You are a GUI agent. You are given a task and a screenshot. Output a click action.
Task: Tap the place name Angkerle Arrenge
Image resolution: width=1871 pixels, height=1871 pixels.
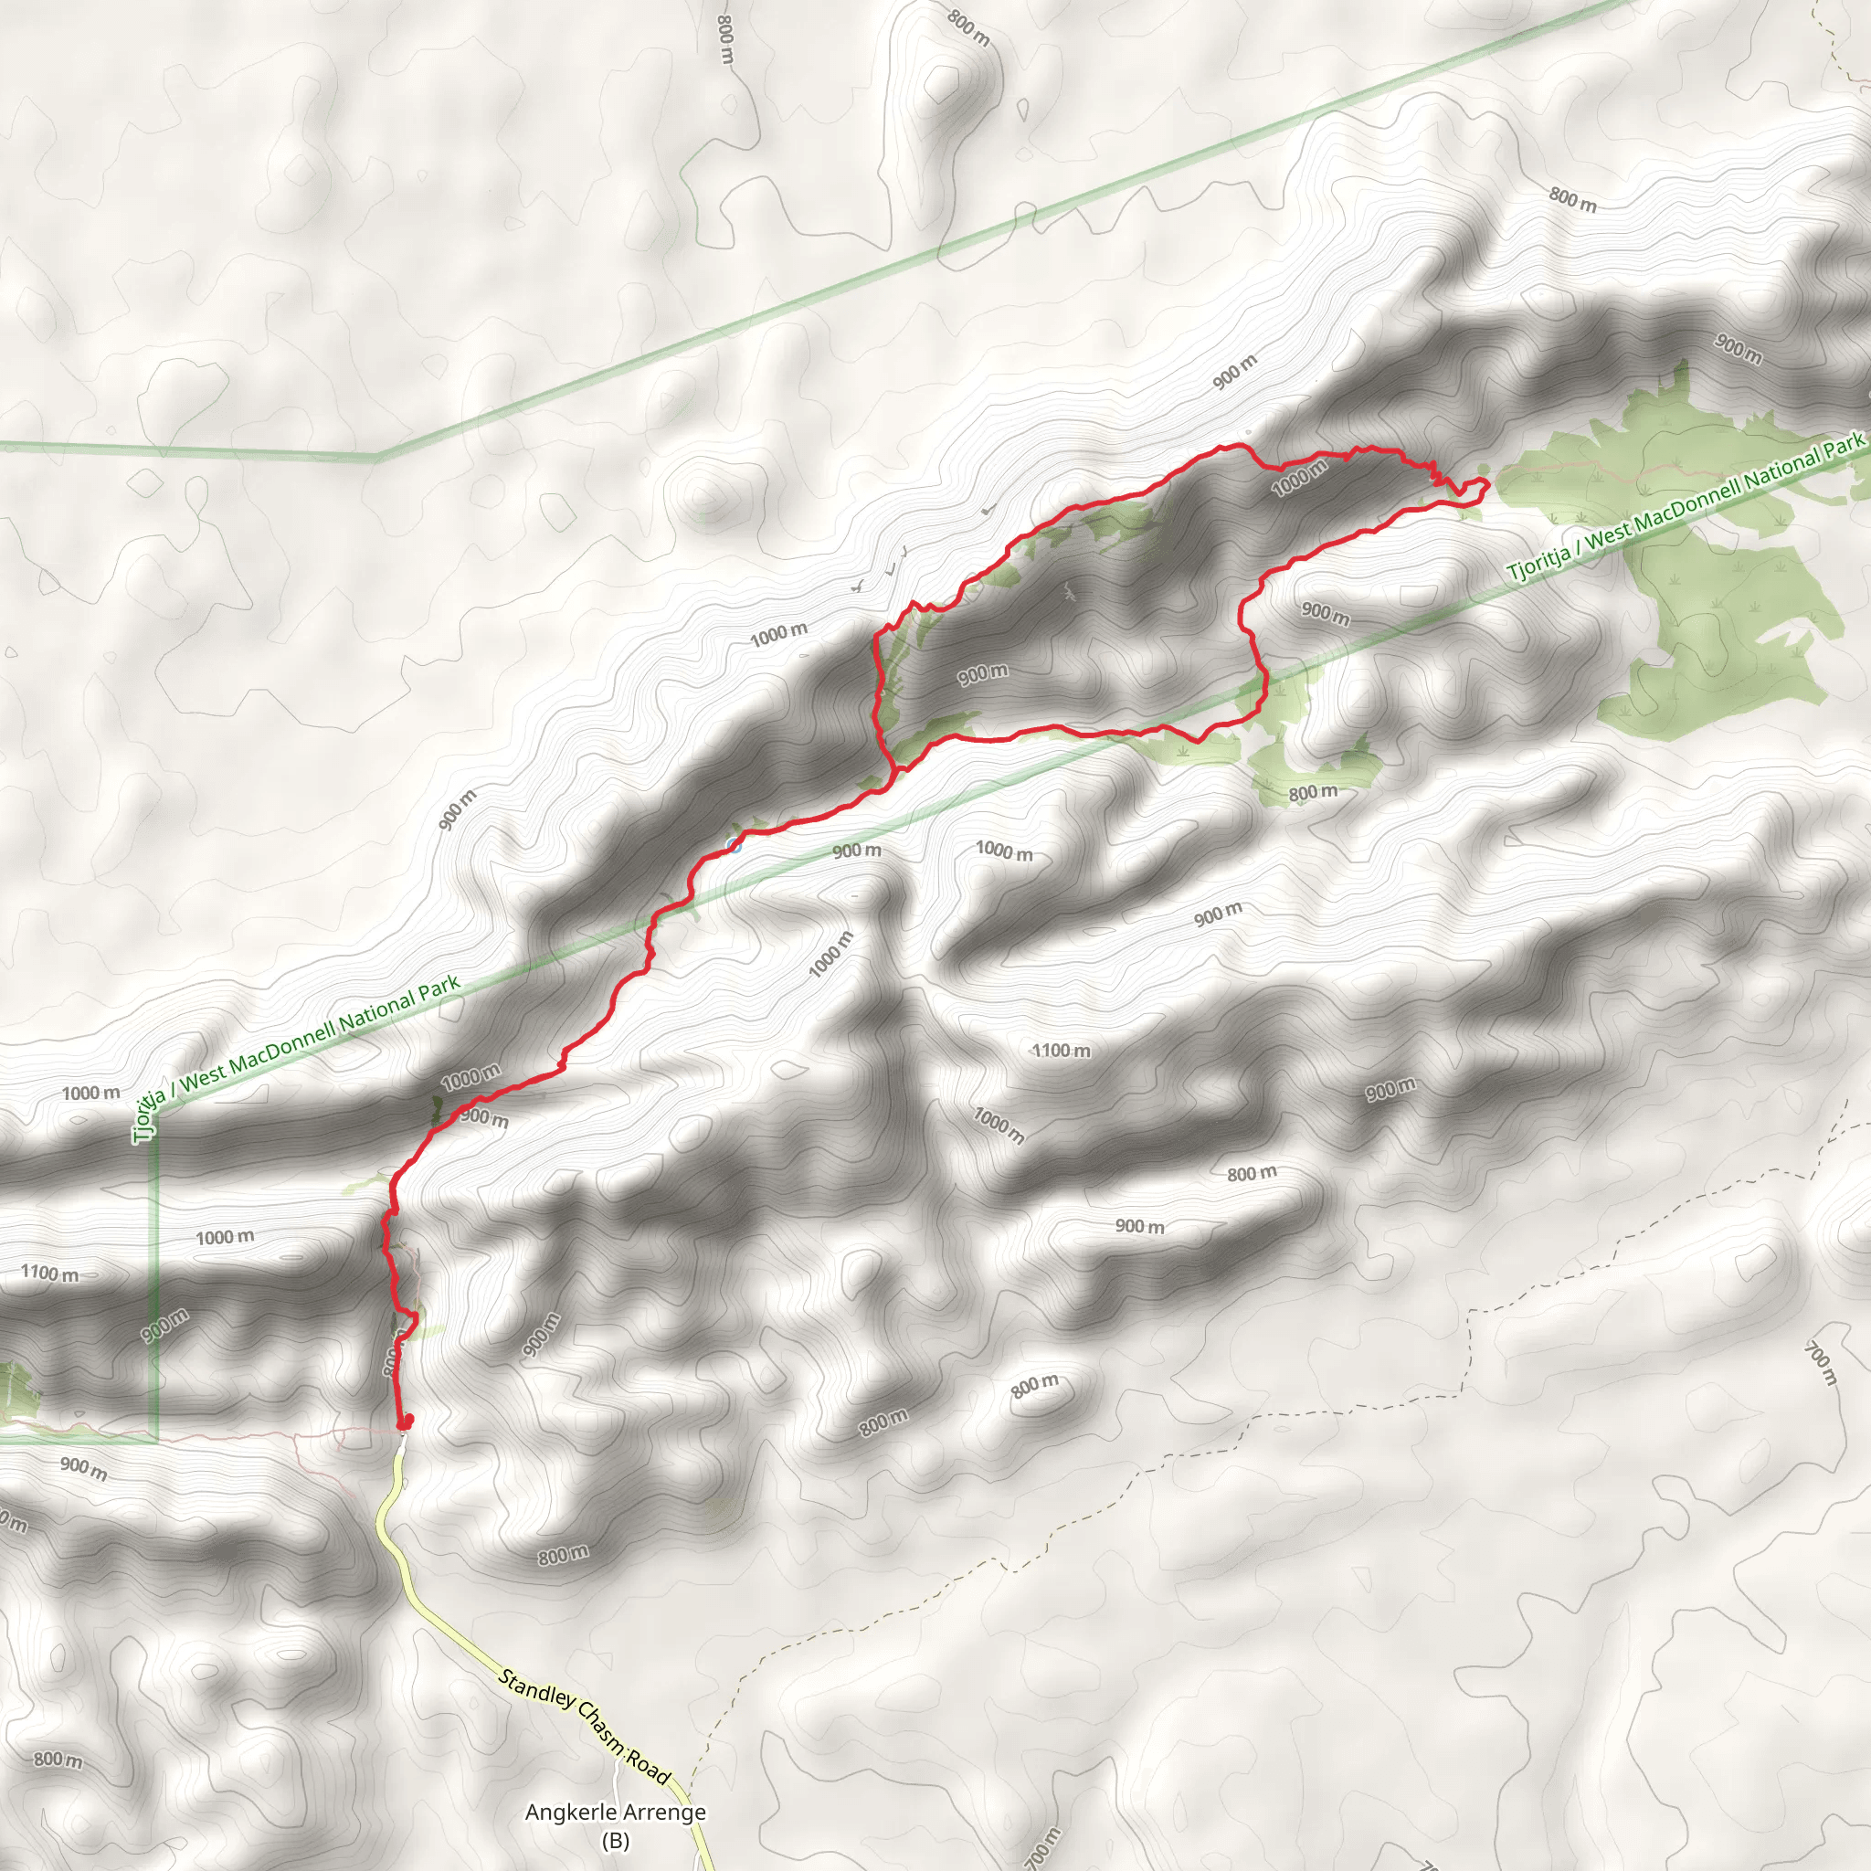tap(615, 1812)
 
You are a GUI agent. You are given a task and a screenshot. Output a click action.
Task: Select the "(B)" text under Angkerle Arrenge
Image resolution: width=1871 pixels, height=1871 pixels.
tap(615, 1840)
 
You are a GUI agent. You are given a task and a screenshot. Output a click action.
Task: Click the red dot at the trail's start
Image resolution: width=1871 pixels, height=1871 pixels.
tap(406, 1422)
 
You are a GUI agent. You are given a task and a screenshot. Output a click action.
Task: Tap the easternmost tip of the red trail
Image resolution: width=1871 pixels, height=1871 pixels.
tap(1487, 482)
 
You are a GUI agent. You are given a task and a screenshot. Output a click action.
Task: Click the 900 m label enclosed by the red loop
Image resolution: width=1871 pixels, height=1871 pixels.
tap(983, 674)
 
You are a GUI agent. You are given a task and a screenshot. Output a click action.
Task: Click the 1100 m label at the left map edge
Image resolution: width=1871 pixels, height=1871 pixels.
tap(49, 1274)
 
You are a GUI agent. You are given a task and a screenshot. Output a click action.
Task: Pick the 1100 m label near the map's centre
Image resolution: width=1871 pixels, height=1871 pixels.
tap(1061, 1051)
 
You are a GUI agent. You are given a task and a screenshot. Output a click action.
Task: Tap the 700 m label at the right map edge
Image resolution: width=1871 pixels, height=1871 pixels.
tap(1822, 1362)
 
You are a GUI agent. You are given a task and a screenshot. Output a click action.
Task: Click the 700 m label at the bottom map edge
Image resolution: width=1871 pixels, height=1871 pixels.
tap(1041, 1848)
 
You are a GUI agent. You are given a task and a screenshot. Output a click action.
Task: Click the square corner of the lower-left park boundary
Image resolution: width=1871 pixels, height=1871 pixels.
tap(157, 1441)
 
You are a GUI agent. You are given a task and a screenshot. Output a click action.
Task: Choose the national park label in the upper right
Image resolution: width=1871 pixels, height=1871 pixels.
tap(1685, 509)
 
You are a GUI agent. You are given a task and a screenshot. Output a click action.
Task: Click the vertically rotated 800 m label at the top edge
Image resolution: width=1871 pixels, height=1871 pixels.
tap(725, 38)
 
